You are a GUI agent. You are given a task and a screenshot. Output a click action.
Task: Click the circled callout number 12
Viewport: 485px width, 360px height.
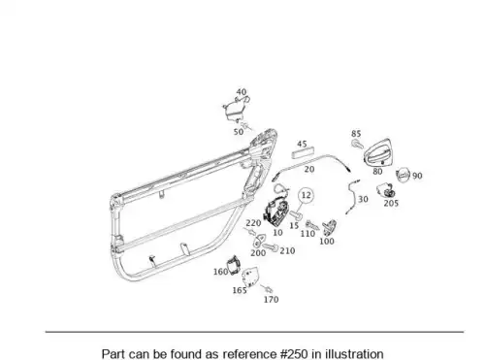(x=306, y=195)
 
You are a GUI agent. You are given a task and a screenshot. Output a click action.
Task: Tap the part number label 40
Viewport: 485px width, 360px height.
(x=242, y=92)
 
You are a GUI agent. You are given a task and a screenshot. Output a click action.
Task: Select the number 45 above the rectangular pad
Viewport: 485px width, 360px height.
(x=302, y=145)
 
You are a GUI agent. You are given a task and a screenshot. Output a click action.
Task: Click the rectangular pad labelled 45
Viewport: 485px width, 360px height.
(x=303, y=152)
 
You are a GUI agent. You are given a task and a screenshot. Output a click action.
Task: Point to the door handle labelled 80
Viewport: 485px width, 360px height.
(x=377, y=151)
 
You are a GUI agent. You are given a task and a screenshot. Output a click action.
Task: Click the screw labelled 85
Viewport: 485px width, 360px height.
(x=357, y=144)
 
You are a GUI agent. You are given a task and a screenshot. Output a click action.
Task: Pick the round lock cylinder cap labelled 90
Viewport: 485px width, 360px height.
(x=403, y=175)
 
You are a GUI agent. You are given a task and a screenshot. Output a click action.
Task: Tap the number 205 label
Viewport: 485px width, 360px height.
(x=391, y=204)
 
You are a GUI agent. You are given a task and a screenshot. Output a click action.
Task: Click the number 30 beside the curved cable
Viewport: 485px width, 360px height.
(x=363, y=199)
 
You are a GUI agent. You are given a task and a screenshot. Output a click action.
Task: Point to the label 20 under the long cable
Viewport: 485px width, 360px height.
(x=309, y=169)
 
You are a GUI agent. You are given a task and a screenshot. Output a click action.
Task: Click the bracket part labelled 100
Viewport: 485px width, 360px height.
(x=329, y=227)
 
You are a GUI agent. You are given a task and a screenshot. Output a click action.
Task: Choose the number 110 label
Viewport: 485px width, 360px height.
(x=307, y=234)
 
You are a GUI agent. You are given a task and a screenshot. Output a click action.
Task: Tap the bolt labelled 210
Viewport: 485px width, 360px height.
(x=270, y=247)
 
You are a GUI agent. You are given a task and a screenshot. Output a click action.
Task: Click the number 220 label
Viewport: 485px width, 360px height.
(x=253, y=223)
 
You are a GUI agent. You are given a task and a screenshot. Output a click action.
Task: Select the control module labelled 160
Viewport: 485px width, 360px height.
(x=234, y=265)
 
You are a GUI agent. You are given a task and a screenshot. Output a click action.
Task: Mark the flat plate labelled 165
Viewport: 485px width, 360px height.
(x=250, y=277)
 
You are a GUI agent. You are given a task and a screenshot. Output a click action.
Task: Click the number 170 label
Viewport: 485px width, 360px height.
(x=271, y=300)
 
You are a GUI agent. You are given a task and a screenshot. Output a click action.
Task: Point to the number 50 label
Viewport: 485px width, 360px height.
(x=239, y=132)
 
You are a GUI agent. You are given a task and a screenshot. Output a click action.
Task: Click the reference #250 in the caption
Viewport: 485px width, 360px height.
(x=295, y=354)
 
